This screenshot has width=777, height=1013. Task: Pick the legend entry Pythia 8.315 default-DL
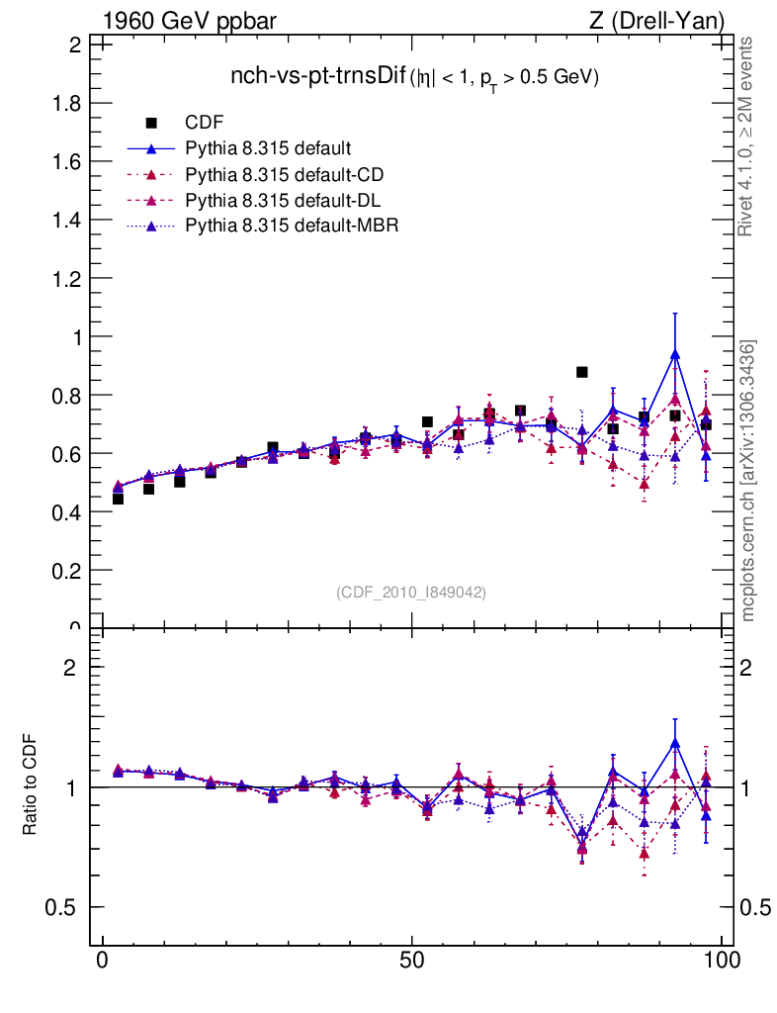(283, 201)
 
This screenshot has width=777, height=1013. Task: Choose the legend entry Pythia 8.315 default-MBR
(291, 227)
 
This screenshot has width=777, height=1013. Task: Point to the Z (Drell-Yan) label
(653, 21)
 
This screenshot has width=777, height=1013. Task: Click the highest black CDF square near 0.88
(582, 372)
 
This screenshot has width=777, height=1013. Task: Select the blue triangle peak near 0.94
(675, 353)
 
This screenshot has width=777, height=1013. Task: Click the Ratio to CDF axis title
(30, 787)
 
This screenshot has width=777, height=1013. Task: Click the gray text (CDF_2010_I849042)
(411, 592)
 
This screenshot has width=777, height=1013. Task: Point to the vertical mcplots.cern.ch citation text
(749, 481)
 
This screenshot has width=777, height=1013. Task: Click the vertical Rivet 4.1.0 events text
(747, 137)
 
